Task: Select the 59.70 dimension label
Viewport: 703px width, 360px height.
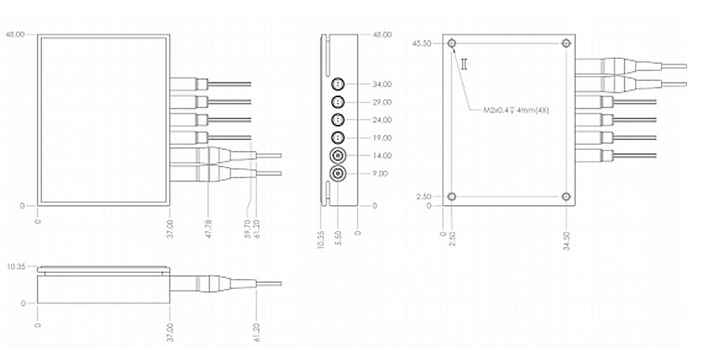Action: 248,217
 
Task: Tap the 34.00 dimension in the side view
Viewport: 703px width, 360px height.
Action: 382,84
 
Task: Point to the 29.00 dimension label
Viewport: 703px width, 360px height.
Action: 382,102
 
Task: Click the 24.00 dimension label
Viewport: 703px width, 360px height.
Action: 382,120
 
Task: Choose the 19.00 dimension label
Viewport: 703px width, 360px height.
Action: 382,138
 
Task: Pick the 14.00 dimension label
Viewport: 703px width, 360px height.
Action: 382,155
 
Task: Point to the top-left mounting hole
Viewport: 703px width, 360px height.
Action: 452,44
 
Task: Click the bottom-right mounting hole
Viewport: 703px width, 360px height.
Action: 566,197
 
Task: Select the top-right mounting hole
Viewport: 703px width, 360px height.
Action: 566,44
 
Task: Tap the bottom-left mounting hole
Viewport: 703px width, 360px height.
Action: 452,197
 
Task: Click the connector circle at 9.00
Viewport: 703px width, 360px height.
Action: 338,173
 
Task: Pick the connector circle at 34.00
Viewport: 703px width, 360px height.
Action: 338,84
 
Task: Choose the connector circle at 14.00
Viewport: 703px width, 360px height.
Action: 338,155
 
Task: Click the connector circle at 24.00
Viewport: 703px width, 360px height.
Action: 338,120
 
